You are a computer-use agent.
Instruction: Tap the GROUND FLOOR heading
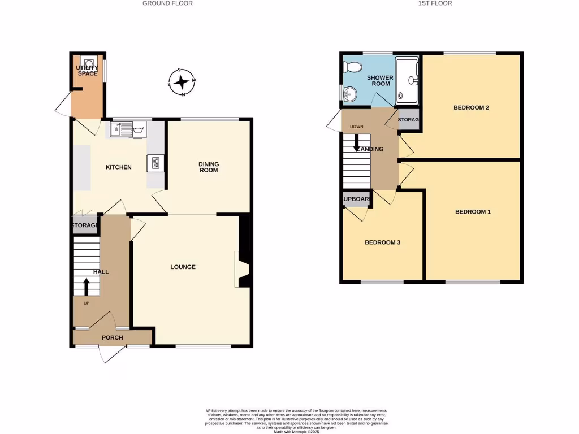click(x=167, y=3)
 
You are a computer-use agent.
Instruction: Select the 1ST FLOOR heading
click(x=435, y=3)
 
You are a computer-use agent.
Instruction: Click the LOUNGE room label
click(x=183, y=267)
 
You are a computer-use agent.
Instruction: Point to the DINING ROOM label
click(x=208, y=167)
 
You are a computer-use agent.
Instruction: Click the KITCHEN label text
click(x=119, y=167)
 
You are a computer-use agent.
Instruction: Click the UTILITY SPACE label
click(x=87, y=71)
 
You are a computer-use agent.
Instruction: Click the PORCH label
click(x=112, y=338)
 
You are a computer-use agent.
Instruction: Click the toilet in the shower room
click(x=353, y=67)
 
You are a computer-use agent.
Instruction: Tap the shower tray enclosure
click(x=407, y=81)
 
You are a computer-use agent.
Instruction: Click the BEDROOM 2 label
click(x=471, y=107)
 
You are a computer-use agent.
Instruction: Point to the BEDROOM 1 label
click(x=473, y=212)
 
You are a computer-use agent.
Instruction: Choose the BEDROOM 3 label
click(x=382, y=242)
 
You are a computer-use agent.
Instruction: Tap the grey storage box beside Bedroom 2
click(x=408, y=120)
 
